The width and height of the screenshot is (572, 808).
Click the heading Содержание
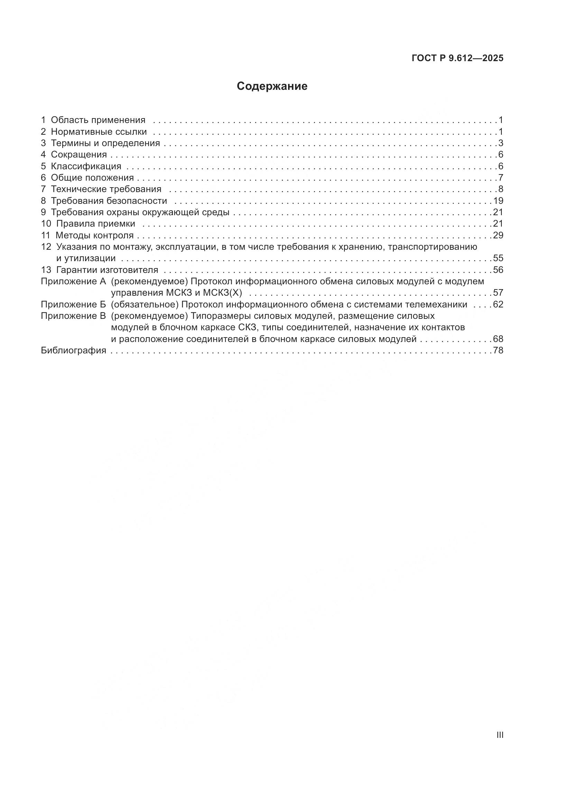(x=272, y=86)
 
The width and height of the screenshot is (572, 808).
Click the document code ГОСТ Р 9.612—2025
(x=458, y=58)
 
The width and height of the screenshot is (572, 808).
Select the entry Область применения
(x=98, y=120)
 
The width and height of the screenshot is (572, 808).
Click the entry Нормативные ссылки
(x=99, y=132)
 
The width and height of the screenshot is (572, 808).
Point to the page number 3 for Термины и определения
(x=500, y=143)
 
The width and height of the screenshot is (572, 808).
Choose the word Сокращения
(x=79, y=154)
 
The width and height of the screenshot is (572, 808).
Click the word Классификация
(x=86, y=166)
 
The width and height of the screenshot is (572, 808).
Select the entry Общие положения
(x=92, y=178)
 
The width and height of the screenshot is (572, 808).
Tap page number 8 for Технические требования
(x=500, y=189)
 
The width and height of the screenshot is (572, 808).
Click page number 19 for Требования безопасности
(x=498, y=201)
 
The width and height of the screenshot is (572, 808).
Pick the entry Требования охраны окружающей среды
(x=140, y=212)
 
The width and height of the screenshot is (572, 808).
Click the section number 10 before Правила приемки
(x=46, y=224)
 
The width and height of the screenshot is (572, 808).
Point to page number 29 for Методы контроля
(x=498, y=236)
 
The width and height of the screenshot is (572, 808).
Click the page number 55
(x=498, y=258)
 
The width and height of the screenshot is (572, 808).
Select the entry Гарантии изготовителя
(x=107, y=270)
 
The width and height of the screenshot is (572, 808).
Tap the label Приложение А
(x=73, y=282)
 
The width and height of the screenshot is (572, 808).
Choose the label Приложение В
(x=73, y=316)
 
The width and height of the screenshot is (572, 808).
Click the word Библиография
(x=73, y=351)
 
